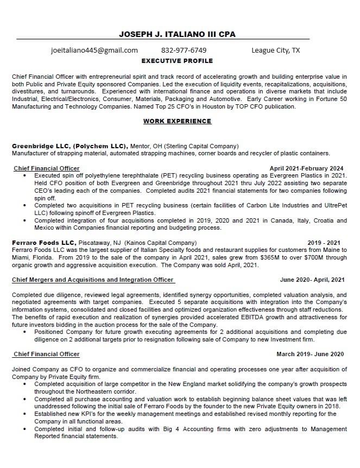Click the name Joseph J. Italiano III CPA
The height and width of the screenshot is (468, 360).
(x=177, y=34)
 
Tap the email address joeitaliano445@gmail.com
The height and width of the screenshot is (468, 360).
(x=94, y=50)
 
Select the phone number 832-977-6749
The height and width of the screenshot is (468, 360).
(x=184, y=50)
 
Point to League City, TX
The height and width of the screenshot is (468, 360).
(x=275, y=50)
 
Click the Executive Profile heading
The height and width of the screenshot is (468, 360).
(x=177, y=61)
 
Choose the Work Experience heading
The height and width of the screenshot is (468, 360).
(x=177, y=121)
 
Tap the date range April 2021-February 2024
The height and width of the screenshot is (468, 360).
(x=306, y=168)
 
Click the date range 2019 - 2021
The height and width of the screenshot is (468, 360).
(x=324, y=242)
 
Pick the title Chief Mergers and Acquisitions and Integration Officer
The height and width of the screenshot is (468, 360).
(x=93, y=280)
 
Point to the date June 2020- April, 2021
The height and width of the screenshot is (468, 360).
(x=312, y=280)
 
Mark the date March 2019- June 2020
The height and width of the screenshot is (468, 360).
(x=310, y=354)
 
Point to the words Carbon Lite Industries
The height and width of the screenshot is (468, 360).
(x=265, y=206)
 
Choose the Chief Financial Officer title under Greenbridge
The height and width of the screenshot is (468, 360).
(x=47, y=168)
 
